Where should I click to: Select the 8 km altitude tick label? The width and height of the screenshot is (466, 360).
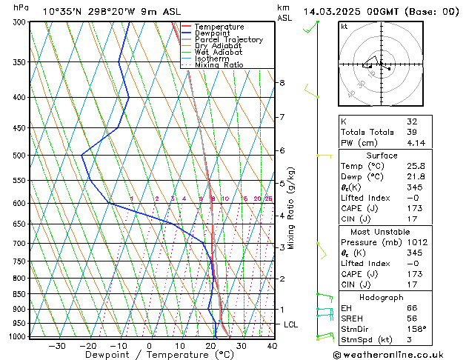[282, 83]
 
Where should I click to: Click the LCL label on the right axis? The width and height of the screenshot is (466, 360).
[292, 324]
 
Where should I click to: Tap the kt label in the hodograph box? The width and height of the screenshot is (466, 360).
[344, 26]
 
